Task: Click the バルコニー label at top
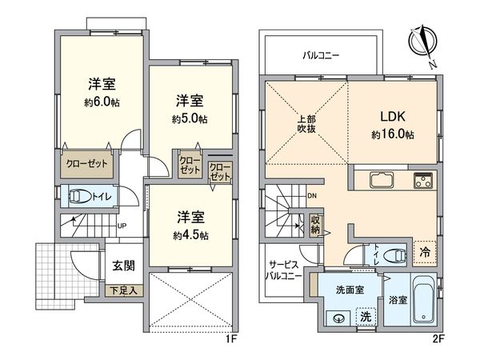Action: pyautogui.click(x=321, y=56)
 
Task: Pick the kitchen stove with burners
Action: pyautogui.click(x=423, y=180)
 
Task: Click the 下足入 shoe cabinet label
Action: pyautogui.click(x=123, y=290)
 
